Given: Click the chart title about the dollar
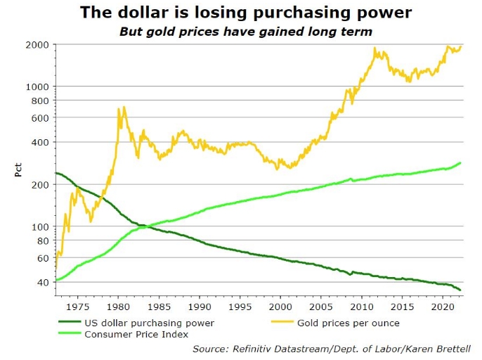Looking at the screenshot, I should pos(245,12).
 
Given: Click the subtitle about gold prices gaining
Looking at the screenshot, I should pos(245,31).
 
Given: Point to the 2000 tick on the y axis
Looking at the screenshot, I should pos(38,44).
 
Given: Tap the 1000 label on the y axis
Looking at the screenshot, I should pos(38,86).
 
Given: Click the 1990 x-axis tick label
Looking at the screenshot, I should pos(200,307).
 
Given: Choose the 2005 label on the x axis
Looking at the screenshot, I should pos(321,307).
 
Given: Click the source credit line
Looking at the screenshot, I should pos(331,348).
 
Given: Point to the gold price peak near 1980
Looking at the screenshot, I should pos(124,108).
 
